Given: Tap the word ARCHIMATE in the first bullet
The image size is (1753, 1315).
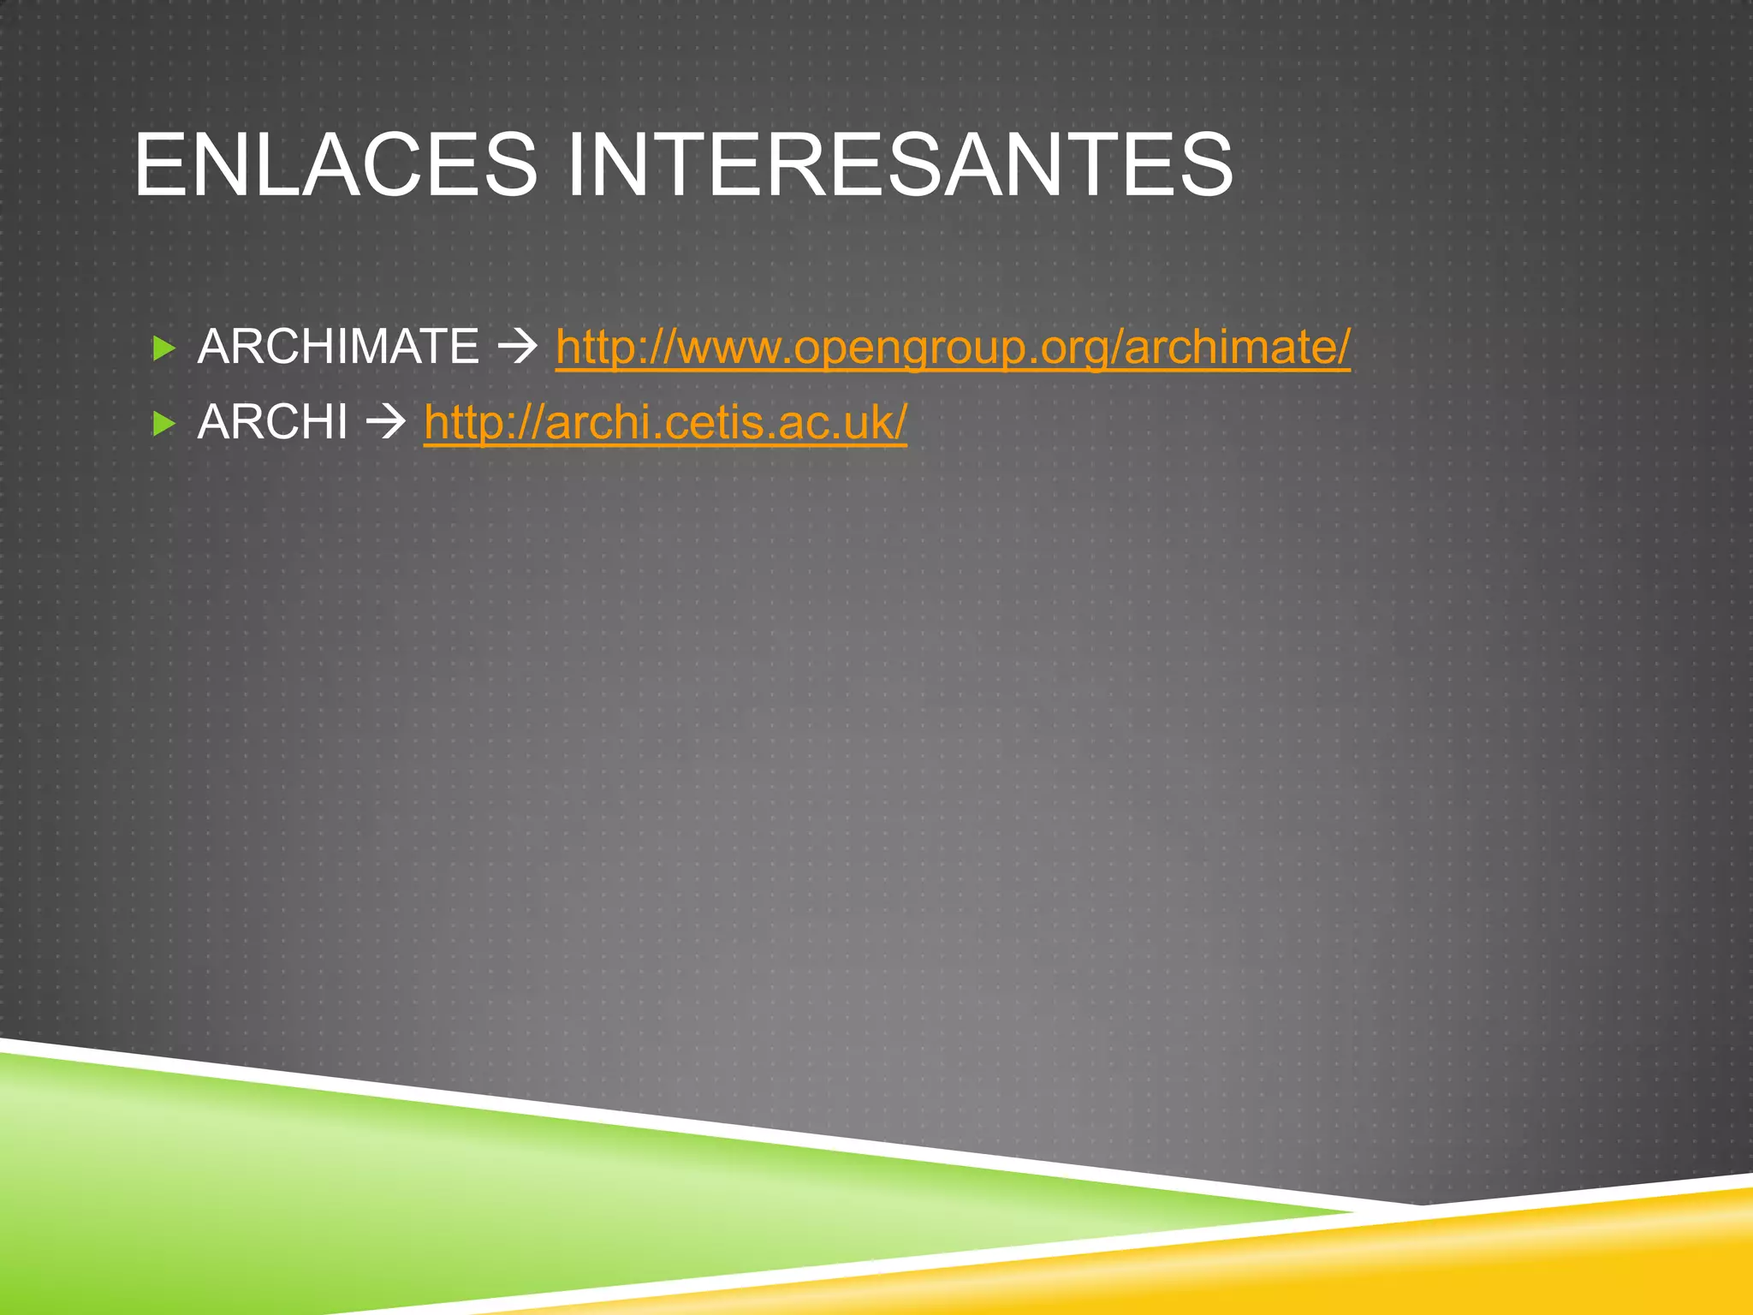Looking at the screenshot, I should [x=338, y=347].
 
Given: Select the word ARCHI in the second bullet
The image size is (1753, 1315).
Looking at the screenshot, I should [x=272, y=422].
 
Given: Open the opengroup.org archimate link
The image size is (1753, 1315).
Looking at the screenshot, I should [x=952, y=347].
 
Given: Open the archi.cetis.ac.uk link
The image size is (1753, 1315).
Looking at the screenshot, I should [x=665, y=422].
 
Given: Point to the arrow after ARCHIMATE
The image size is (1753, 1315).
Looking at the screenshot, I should [x=517, y=347].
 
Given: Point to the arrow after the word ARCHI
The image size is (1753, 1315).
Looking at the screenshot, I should [x=385, y=422].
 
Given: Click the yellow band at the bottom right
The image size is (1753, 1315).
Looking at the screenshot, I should [x=1541, y=1250].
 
